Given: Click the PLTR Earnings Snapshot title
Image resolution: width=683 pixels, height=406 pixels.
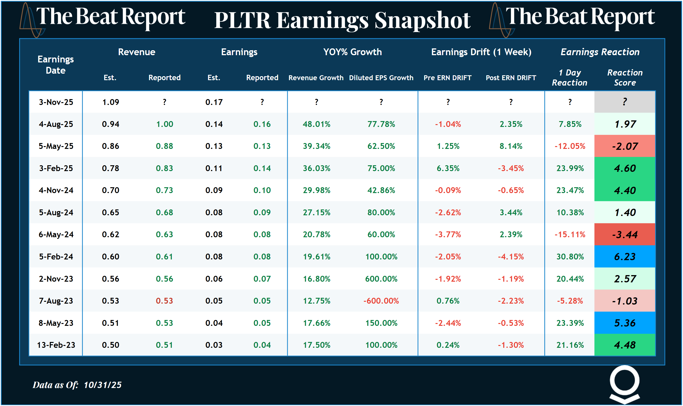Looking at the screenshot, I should pyautogui.click(x=342, y=20).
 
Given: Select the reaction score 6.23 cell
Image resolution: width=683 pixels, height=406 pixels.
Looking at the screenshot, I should pyautogui.click(x=625, y=257).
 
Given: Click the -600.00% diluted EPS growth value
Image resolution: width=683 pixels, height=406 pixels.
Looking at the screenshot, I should pyautogui.click(x=381, y=301).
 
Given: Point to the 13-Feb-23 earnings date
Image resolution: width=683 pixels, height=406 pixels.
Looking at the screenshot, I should pyautogui.click(x=56, y=345).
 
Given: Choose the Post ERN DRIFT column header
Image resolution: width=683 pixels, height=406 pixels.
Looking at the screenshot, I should pyautogui.click(x=511, y=78).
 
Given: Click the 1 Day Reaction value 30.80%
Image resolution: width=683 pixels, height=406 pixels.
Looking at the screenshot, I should pyautogui.click(x=570, y=257).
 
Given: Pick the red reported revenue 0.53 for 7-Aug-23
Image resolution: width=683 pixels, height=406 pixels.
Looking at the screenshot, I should pyautogui.click(x=164, y=301).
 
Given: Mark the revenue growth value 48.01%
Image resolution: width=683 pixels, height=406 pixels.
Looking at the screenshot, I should pyautogui.click(x=316, y=124).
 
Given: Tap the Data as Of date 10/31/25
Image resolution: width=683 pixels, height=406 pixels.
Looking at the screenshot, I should pyautogui.click(x=103, y=385).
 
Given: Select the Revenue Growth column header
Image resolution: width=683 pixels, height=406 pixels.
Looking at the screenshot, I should pyautogui.click(x=316, y=78).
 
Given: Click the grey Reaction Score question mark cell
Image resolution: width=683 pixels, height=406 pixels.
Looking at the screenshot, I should pyautogui.click(x=625, y=102).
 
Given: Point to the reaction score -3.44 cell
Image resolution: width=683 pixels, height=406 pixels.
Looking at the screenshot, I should pyautogui.click(x=625, y=234).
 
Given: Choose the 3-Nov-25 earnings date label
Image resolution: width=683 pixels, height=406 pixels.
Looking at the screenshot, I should pyautogui.click(x=56, y=102).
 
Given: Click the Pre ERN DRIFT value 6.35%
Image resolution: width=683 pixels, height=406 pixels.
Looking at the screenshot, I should pyautogui.click(x=448, y=168).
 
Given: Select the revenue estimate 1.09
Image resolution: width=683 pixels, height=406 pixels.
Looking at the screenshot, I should pyautogui.click(x=111, y=102).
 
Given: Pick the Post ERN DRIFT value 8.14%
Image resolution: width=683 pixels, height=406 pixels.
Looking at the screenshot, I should pyautogui.click(x=511, y=146).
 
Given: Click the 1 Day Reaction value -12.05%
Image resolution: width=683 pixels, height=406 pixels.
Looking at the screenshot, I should pyautogui.click(x=570, y=146).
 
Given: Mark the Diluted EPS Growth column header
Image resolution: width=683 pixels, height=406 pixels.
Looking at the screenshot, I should pyautogui.click(x=381, y=78).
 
